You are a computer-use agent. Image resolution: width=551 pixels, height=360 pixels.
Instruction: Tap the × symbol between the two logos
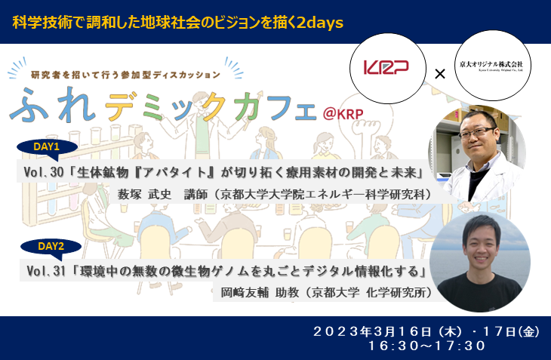click(440, 73)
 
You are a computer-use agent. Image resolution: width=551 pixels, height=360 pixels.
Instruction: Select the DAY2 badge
click(52, 246)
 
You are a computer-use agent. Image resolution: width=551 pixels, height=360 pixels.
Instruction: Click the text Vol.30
click(42, 174)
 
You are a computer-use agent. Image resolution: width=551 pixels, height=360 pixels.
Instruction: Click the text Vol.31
click(46, 270)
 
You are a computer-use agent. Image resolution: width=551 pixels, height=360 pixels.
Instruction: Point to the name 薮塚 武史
click(146, 195)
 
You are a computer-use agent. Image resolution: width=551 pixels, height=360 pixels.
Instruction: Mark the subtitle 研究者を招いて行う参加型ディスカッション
click(126, 74)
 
